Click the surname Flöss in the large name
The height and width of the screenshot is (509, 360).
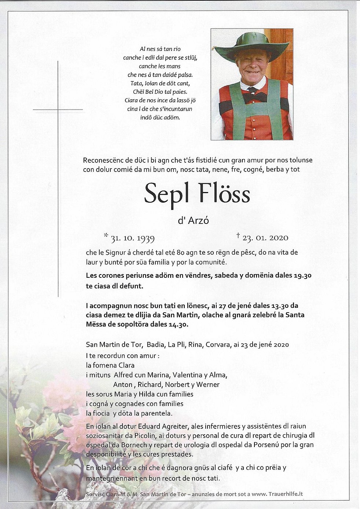(x=224, y=193)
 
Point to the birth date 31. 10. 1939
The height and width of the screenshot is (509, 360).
(x=132, y=238)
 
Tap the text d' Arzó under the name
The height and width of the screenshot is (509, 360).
(x=193, y=220)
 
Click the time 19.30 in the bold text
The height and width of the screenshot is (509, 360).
(x=302, y=276)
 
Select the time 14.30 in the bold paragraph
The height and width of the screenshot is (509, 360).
(x=178, y=324)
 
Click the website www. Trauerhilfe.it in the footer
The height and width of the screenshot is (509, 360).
(x=277, y=494)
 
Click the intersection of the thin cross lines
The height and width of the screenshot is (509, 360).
(x=58, y=110)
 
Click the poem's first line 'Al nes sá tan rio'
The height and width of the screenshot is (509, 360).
(x=160, y=49)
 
